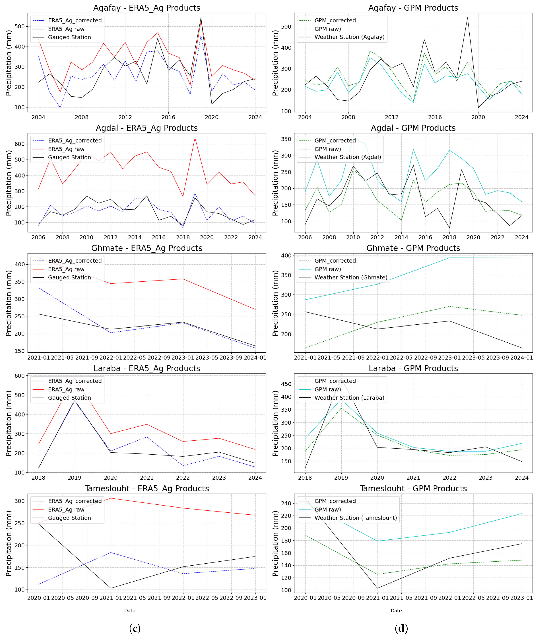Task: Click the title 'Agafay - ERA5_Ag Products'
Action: pyautogui.click(x=147, y=8)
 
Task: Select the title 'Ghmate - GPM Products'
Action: pyautogui.click(x=413, y=248)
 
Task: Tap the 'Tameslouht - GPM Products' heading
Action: pyautogui.click(x=413, y=488)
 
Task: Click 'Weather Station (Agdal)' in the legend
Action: pyautogui.click(x=348, y=157)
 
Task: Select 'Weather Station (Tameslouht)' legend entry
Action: pyautogui.click(x=356, y=518)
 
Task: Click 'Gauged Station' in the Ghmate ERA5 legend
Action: pyautogui.click(x=69, y=278)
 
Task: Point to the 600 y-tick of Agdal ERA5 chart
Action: pyautogui.click(x=20, y=144)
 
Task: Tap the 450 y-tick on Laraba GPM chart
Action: pyautogui.click(x=286, y=384)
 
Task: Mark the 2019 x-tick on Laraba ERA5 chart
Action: pyautogui.click(x=74, y=478)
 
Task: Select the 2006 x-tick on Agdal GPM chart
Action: pyautogui.click(x=305, y=238)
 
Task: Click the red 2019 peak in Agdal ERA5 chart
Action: pyautogui.click(x=195, y=138)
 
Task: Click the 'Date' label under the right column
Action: pyautogui.click(x=396, y=611)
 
